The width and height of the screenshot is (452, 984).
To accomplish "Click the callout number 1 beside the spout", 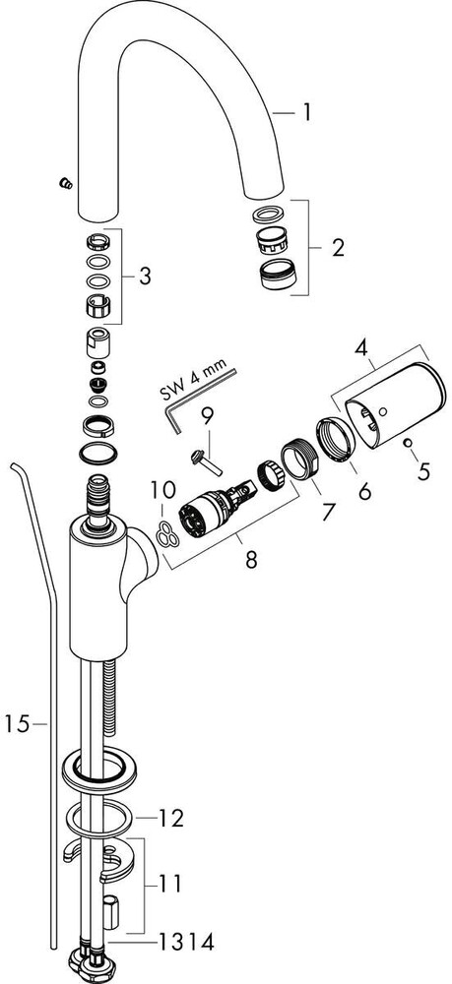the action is click(305, 113).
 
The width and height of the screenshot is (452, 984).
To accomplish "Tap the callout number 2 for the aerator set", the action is click(337, 248).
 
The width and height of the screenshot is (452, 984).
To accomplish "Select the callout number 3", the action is click(145, 277).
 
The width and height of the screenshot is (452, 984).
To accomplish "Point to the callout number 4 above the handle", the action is click(360, 349).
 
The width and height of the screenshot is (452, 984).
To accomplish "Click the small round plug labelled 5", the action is click(408, 443).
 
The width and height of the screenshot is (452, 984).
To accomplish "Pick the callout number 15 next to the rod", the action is click(17, 724).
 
